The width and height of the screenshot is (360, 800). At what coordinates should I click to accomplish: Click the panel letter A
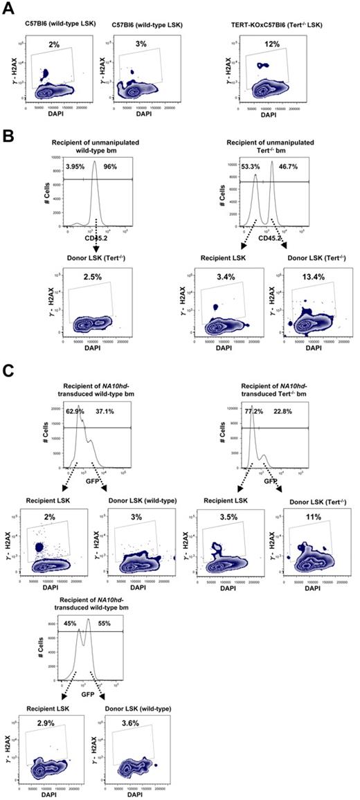10,7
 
